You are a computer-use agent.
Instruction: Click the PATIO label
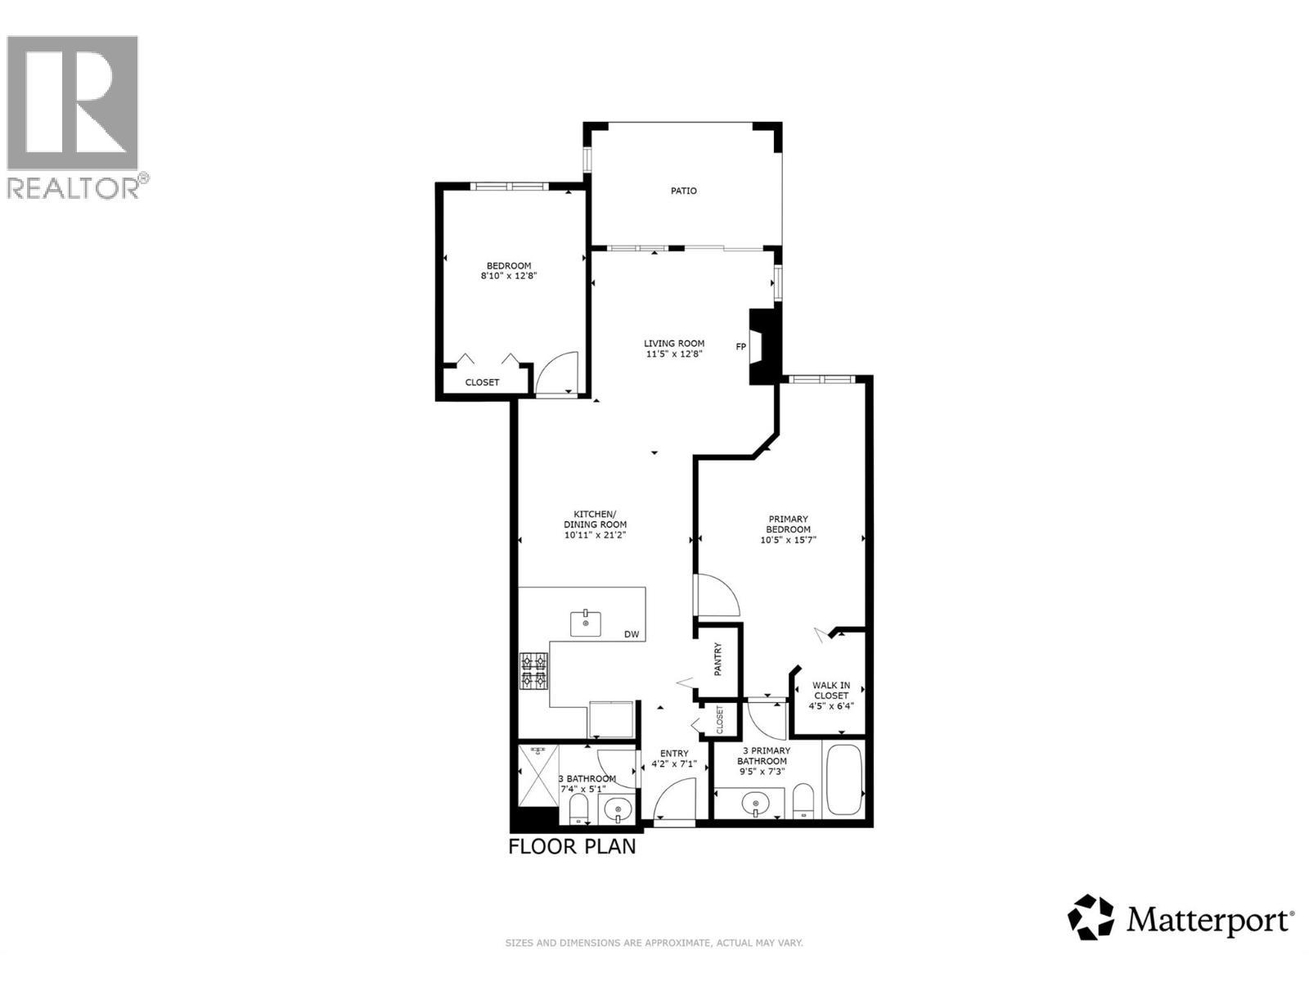(x=684, y=191)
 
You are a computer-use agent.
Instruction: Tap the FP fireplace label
(x=741, y=347)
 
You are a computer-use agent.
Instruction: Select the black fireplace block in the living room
(x=761, y=346)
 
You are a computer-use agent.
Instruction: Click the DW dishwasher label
(x=631, y=634)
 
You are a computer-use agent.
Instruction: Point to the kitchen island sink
(x=586, y=624)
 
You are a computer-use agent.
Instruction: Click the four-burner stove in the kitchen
(x=534, y=671)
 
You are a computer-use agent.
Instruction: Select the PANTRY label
(x=718, y=660)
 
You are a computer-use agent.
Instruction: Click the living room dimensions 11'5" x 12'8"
(x=673, y=354)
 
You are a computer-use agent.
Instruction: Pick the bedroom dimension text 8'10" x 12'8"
(x=508, y=277)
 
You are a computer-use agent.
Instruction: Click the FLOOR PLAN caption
(x=572, y=846)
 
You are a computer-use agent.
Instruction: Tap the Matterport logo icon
(x=1091, y=917)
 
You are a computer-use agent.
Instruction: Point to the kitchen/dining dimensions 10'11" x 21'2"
(x=595, y=535)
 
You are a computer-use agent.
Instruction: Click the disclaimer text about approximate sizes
(x=654, y=944)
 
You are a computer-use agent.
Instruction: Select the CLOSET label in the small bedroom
(x=482, y=382)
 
